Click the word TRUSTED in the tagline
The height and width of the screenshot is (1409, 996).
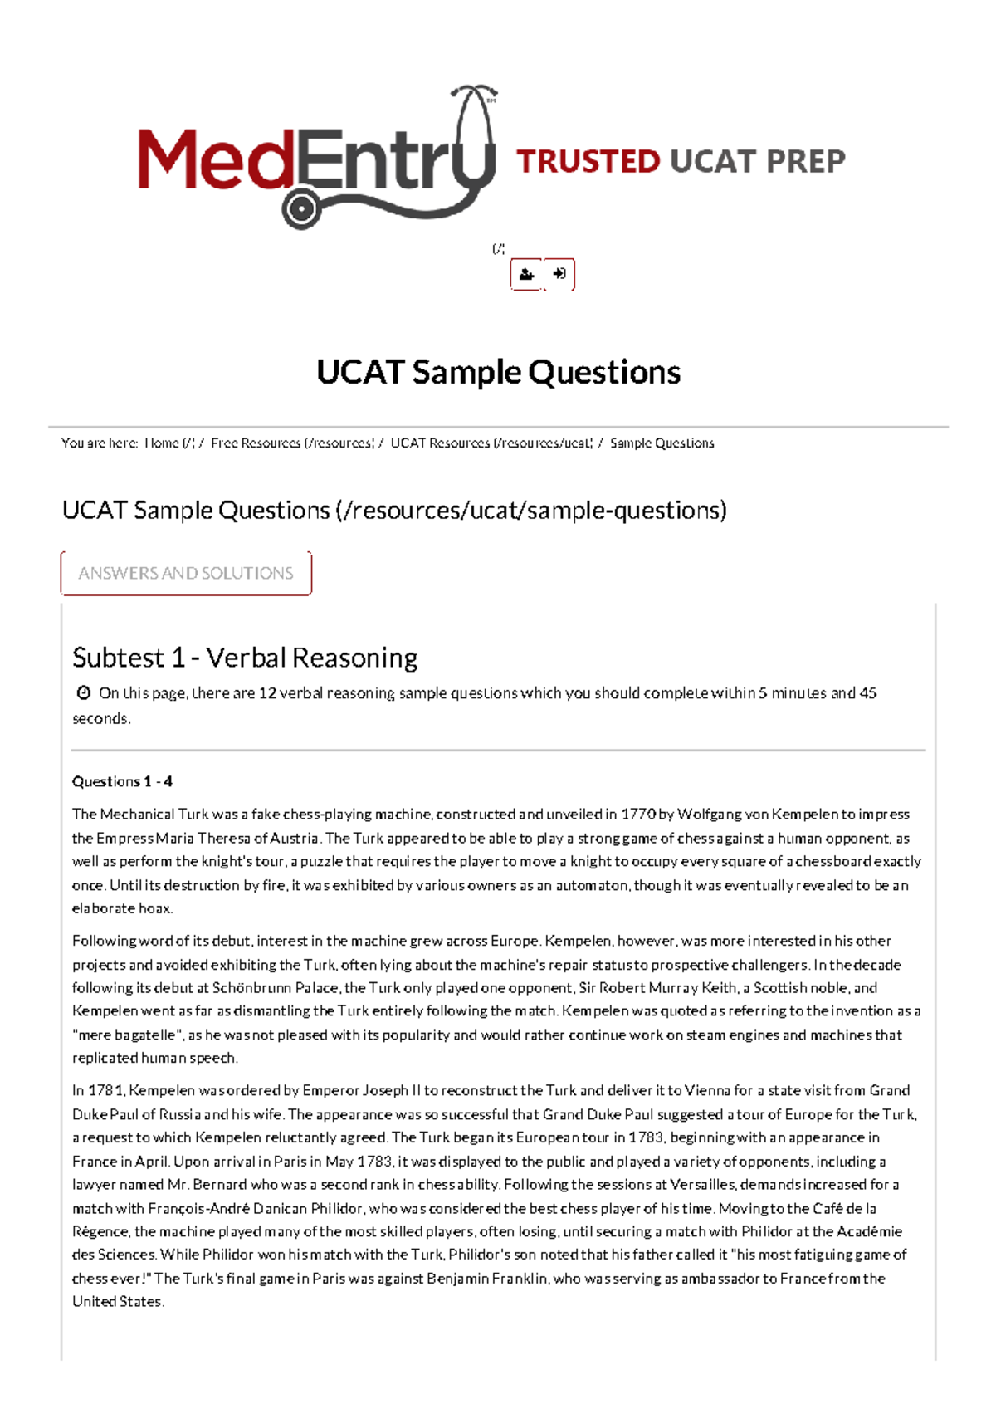pyautogui.click(x=588, y=161)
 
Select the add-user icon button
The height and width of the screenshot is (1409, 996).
pyautogui.click(x=526, y=275)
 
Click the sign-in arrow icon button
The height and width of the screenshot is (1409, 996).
pyautogui.click(x=559, y=274)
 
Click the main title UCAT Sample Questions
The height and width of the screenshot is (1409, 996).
pyautogui.click(x=498, y=373)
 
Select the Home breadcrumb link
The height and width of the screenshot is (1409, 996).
pyautogui.click(x=169, y=443)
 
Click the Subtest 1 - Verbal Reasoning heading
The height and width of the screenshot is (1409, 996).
pyautogui.click(x=245, y=658)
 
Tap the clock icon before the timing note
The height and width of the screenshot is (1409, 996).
pyautogui.click(x=83, y=692)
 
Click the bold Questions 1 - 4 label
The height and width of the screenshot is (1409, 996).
pyautogui.click(x=122, y=781)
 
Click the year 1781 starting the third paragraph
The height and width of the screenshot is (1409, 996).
pyautogui.click(x=106, y=1091)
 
